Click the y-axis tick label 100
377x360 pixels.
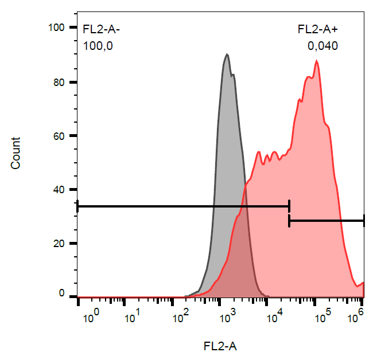click(x=59, y=28)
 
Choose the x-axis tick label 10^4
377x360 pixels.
click(x=275, y=314)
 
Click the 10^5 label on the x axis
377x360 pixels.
click(x=321, y=314)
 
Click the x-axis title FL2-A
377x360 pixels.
click(x=220, y=346)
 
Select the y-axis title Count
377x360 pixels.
click(x=16, y=153)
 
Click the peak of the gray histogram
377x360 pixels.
click(x=227, y=54)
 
